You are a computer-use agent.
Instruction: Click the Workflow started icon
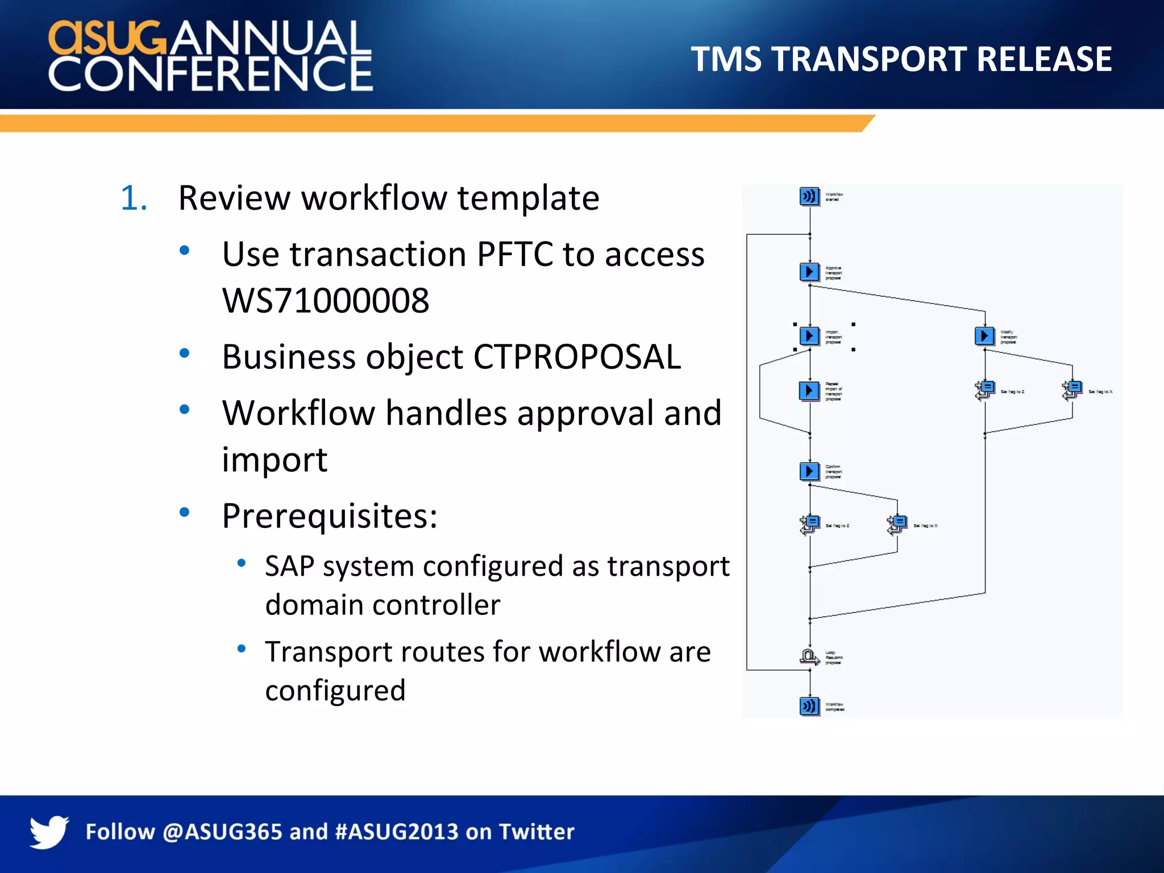pyautogui.click(x=809, y=197)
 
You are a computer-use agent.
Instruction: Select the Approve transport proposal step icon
pyautogui.click(x=809, y=272)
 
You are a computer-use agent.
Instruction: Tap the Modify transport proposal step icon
pyautogui.click(x=984, y=336)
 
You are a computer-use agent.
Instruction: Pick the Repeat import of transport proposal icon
pyautogui.click(x=809, y=390)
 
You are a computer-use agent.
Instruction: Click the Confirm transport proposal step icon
pyautogui.click(x=809, y=471)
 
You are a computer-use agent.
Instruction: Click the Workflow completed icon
pyautogui.click(x=809, y=706)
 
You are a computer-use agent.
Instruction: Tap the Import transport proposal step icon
pyautogui.click(x=809, y=336)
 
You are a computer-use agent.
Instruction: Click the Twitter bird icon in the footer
pyautogui.click(x=49, y=832)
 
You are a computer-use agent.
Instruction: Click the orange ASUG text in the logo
pyautogui.click(x=108, y=38)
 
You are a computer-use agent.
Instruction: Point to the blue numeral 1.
pyautogui.click(x=134, y=198)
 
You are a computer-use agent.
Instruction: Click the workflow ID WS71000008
pyautogui.click(x=326, y=301)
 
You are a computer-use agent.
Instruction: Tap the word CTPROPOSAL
pyautogui.click(x=576, y=357)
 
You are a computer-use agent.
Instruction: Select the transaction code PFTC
pyautogui.click(x=514, y=254)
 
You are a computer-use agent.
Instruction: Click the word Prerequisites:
pyautogui.click(x=330, y=516)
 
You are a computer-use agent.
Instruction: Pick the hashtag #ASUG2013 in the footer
pyautogui.click(x=396, y=832)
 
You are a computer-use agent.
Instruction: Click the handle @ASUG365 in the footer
pyautogui.click(x=222, y=832)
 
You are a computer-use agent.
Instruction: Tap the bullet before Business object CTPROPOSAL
pyautogui.click(x=184, y=354)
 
